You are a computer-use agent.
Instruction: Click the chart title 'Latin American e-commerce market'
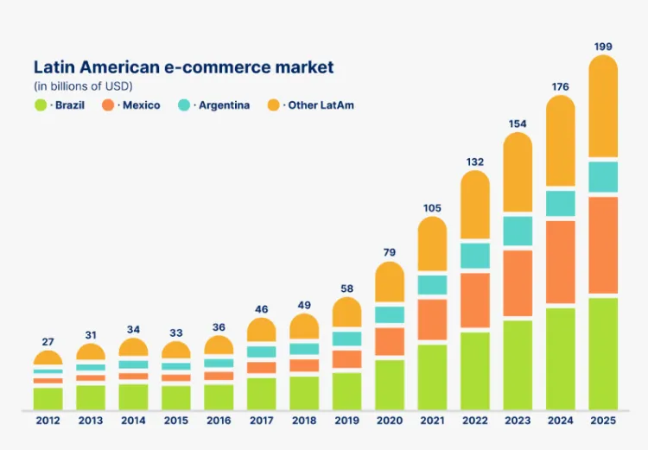[183, 67]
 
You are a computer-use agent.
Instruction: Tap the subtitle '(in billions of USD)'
[83, 86]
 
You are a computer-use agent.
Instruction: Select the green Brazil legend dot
[41, 105]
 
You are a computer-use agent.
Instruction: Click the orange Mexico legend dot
[108, 105]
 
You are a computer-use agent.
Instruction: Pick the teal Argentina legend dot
[184, 105]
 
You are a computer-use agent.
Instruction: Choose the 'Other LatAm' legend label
[321, 105]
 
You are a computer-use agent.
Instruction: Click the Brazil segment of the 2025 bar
[603, 354]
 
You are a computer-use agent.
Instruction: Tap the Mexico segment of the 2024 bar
[561, 262]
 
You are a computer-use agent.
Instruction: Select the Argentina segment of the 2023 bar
[518, 231]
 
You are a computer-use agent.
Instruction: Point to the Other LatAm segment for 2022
[475, 205]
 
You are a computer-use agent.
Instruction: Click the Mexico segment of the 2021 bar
[432, 320]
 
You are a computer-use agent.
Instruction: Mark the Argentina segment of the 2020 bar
[390, 315]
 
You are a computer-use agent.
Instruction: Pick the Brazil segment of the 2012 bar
[48, 399]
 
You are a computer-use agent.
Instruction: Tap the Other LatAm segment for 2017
[262, 330]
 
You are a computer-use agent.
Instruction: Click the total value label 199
[603, 47]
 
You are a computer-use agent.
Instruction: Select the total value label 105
[432, 208]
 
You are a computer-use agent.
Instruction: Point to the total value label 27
[48, 342]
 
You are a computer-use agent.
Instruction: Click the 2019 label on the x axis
[347, 421]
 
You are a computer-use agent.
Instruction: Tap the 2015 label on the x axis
[176, 421]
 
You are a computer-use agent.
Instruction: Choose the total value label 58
[347, 288]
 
